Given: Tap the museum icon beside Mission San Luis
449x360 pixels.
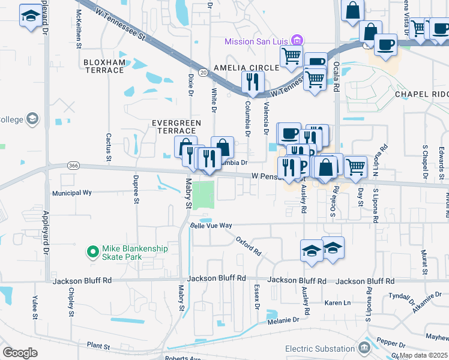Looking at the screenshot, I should pos(296,41).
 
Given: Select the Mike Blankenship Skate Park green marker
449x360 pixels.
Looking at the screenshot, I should pos(92,253).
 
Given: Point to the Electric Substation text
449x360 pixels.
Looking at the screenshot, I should pos(320,349).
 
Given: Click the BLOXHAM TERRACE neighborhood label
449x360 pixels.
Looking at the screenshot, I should pos(104,66).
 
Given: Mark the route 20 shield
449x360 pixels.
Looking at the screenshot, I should pos(204,72).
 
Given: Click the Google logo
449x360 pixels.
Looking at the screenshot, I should pos(20,353).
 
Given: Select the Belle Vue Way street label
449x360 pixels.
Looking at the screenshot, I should pos(211,226).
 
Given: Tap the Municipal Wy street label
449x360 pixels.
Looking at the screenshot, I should pos(71,193).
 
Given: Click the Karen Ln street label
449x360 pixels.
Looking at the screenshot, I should pos(337,303).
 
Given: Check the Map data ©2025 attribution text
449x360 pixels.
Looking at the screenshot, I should pos(424,355).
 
